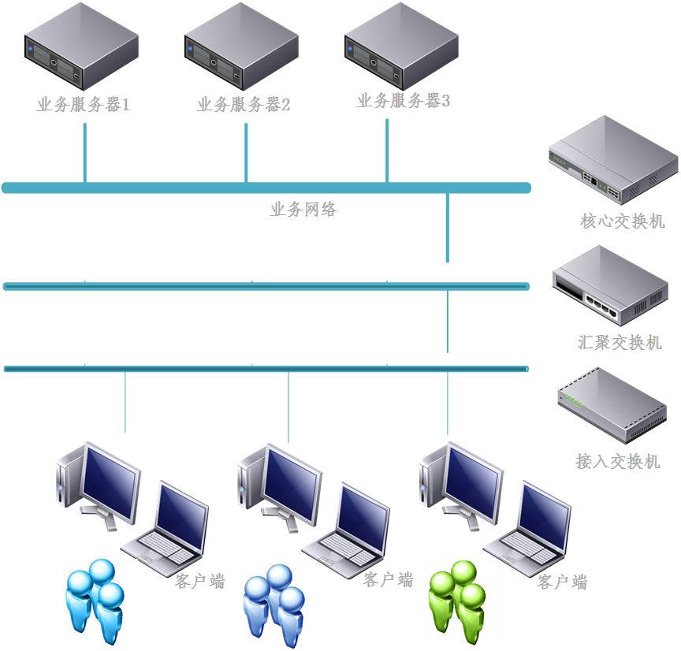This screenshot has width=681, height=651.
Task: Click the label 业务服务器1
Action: pos(83,104)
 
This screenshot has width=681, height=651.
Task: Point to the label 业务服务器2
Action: pos(244,104)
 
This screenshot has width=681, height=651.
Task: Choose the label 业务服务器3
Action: pos(404,101)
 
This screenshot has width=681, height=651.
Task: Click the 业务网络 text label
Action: pos(303,210)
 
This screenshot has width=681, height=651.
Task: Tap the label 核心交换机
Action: pos(623,221)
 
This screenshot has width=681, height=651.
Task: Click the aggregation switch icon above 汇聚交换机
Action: pos(611,285)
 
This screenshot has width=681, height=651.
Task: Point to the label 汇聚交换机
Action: pos(620,343)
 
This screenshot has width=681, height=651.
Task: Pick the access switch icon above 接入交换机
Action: pos(612,405)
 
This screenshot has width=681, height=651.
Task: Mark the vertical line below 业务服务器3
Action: pos(387,150)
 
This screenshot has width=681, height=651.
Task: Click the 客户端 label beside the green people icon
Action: pos(563,582)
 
